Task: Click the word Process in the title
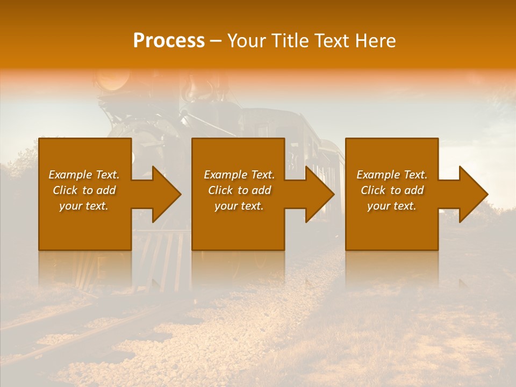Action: [169, 41]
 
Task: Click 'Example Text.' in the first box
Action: [84, 175]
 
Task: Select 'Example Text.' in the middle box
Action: [239, 175]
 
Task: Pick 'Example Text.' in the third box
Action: [392, 175]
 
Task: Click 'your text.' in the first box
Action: [84, 206]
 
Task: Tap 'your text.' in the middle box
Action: [239, 206]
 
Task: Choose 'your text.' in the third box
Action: [392, 206]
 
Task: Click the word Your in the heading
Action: [245, 41]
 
